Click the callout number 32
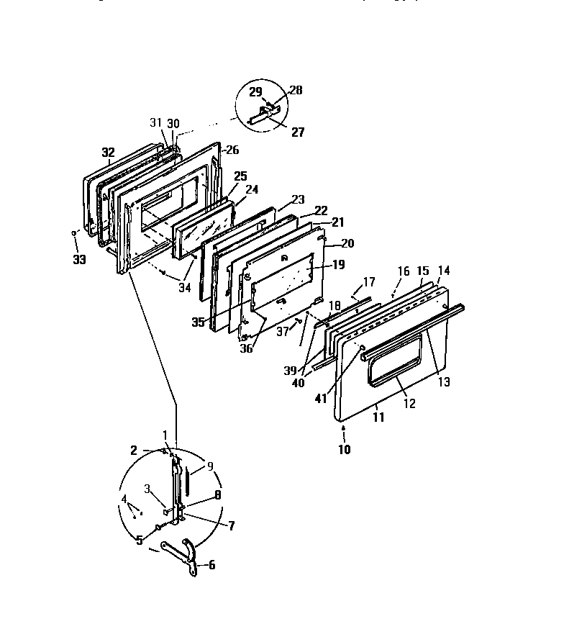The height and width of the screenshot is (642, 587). [108, 153]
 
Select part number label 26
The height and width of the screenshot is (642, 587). [232, 150]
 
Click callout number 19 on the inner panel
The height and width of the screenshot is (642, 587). [339, 265]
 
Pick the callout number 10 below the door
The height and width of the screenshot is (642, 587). [344, 450]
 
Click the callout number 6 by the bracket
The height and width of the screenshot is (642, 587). [211, 565]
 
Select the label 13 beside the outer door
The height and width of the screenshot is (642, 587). [444, 381]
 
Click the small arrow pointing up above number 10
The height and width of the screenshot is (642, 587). [344, 430]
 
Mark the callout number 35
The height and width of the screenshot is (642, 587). [198, 321]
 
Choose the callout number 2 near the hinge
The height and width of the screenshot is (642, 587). [133, 451]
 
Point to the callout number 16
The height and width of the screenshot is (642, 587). [404, 271]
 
